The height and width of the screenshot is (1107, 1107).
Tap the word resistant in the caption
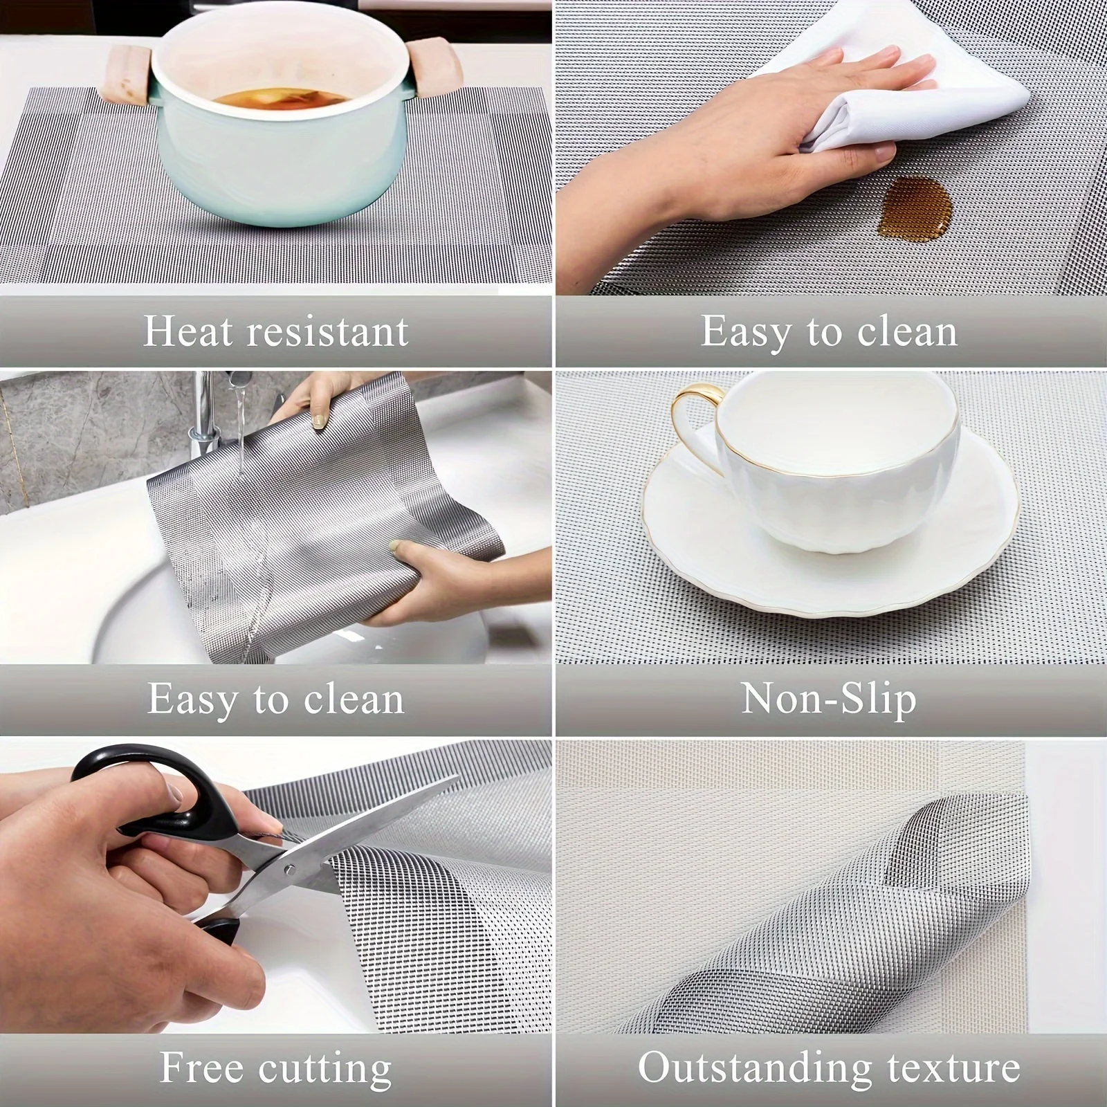[329, 331]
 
